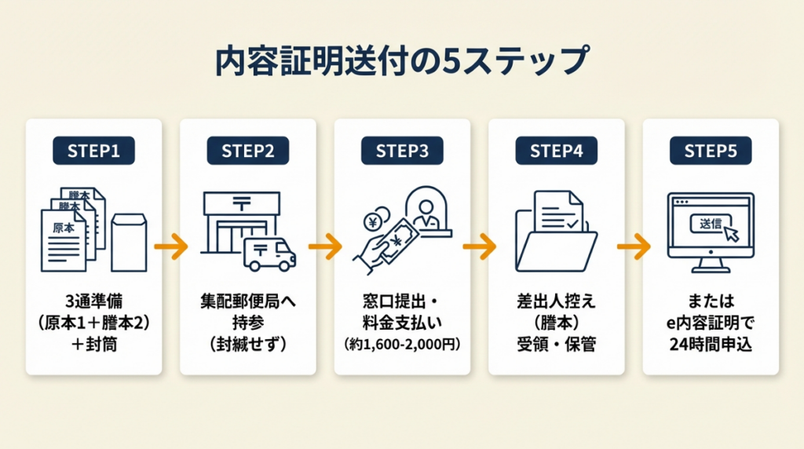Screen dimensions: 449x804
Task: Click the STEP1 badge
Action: point(93,151)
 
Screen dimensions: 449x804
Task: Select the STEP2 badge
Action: point(247,151)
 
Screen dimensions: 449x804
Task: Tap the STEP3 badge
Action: point(402,151)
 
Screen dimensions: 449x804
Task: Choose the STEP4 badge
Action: point(556,151)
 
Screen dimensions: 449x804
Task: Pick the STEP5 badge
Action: point(711,151)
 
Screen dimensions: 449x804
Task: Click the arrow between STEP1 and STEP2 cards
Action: point(171,247)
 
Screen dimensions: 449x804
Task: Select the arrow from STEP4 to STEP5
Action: point(634,247)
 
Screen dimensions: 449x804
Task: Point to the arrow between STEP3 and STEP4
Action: point(479,247)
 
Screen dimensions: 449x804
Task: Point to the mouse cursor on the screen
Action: point(730,233)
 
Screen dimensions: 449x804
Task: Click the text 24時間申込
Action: point(711,345)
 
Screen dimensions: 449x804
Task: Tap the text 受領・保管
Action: point(556,345)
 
